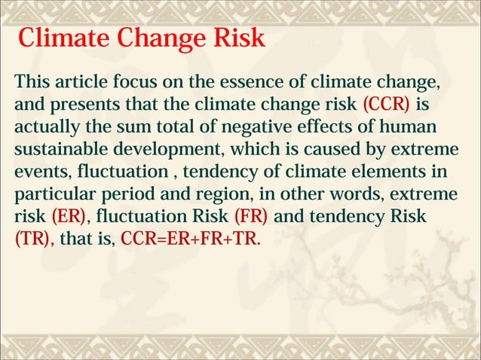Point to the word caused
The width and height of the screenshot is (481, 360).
[331, 148]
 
